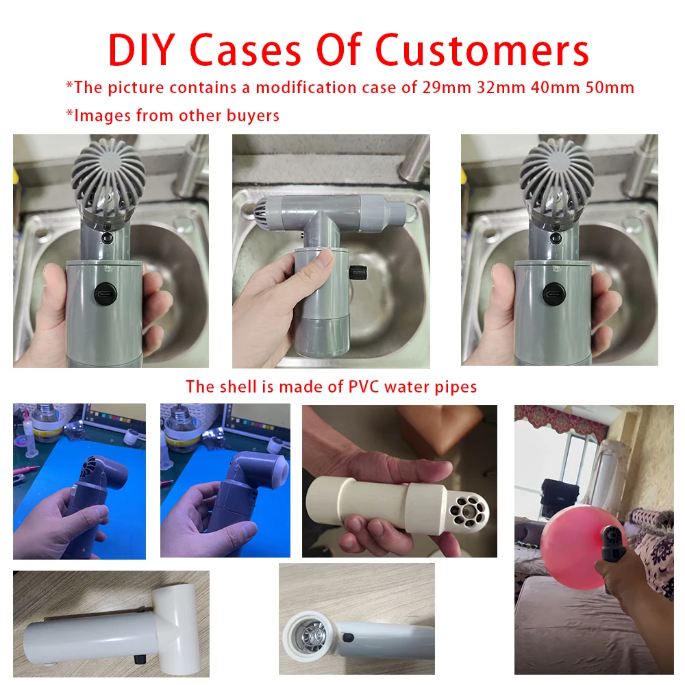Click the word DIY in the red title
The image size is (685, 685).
click(141, 50)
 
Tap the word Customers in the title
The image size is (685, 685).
click(482, 50)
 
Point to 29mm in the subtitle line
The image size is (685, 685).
click(447, 88)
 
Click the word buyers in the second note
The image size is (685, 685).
click(253, 116)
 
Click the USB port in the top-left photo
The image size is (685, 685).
click(106, 292)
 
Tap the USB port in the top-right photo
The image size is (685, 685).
click(554, 292)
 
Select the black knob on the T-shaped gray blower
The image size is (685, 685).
click(358, 273)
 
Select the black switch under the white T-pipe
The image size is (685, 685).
click(139, 658)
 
